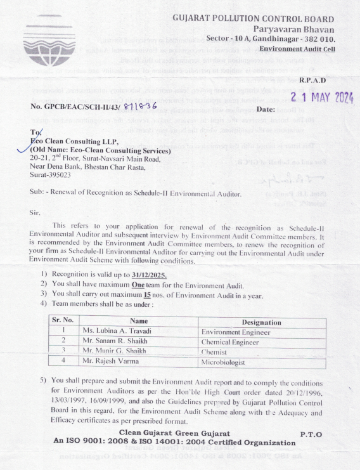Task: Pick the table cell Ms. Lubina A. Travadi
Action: point(120,331)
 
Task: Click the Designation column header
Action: point(261,322)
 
